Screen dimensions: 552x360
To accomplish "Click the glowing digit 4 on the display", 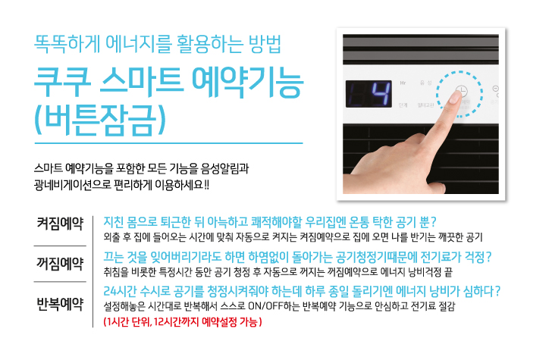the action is click(381, 94).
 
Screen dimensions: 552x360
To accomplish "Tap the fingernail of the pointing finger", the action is click(456, 98).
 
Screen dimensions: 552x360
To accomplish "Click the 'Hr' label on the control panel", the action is click(403, 83).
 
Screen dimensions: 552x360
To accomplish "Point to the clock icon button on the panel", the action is click(461, 91).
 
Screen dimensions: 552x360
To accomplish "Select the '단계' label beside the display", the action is click(403, 105).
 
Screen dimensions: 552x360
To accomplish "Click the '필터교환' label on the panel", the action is click(425, 105).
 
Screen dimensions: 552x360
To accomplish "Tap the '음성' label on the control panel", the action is click(425, 83).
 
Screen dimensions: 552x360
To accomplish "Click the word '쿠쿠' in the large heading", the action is click(63, 83).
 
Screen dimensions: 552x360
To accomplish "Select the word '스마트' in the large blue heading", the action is click(142, 83).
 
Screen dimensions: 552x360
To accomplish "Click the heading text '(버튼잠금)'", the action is click(100, 121).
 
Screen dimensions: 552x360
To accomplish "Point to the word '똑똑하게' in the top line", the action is click(66, 44).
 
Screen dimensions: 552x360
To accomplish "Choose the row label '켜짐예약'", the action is click(60, 224).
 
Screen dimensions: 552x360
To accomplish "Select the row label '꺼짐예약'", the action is click(60, 264).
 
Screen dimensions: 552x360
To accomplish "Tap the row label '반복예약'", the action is click(60, 304).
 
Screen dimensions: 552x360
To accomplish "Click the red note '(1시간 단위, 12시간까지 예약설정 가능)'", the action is click(183, 321).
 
